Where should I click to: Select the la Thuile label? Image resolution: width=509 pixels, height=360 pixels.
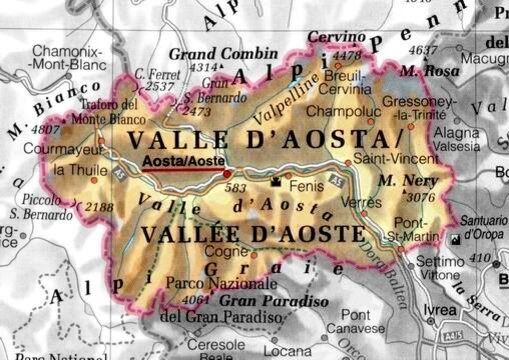click(x=74, y=169)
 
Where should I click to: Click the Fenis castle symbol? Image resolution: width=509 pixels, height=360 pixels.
click(x=277, y=182)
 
